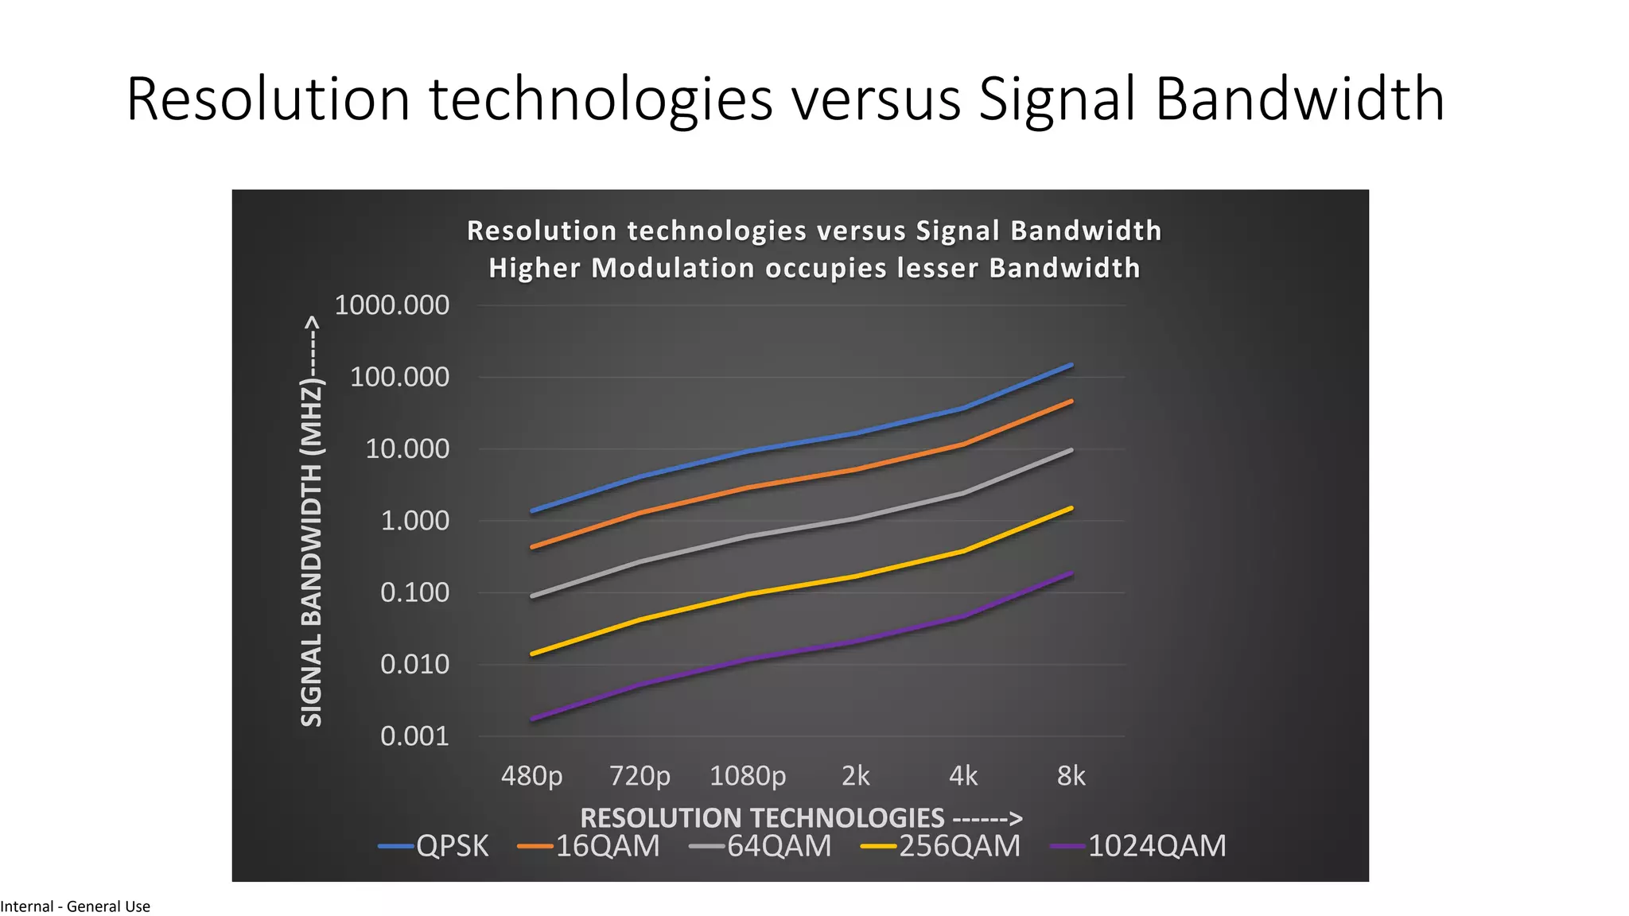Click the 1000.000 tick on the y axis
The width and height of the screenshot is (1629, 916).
click(391, 305)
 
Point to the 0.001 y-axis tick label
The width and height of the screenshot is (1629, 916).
click(414, 736)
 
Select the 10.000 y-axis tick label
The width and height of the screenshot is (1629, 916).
click(407, 449)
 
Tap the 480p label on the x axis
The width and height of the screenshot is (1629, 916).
click(531, 775)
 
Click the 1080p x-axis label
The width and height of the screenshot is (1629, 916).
click(747, 775)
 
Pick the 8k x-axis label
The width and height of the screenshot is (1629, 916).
click(1071, 775)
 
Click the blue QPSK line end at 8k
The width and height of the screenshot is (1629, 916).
click(1071, 366)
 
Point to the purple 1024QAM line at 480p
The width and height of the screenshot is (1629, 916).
click(532, 719)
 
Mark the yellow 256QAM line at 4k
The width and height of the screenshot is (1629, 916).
click(963, 551)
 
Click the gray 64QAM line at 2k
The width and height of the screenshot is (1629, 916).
click(856, 518)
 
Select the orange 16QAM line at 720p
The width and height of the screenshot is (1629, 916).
click(640, 514)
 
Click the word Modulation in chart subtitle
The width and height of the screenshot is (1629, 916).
click(673, 268)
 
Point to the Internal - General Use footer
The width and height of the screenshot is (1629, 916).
click(76, 906)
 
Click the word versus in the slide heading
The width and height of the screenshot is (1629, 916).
click(875, 99)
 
